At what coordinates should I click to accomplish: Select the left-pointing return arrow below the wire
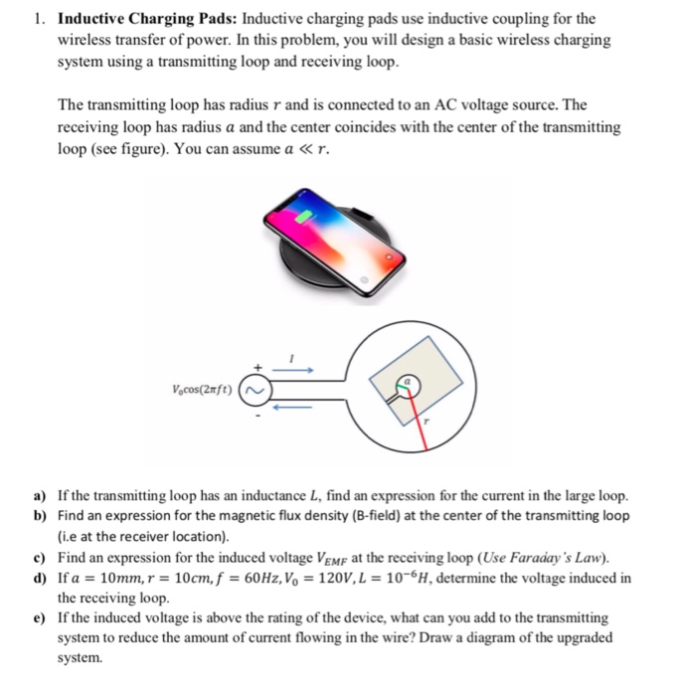click(x=295, y=406)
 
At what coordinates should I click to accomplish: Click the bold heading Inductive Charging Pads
click(x=147, y=19)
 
